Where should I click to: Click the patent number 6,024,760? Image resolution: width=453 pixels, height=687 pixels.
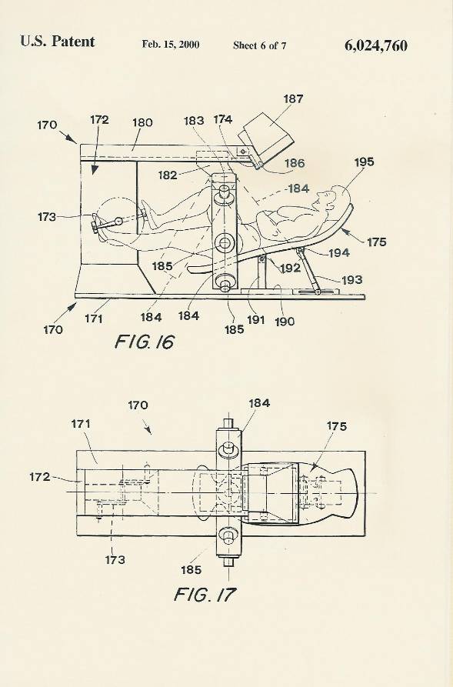click(x=376, y=46)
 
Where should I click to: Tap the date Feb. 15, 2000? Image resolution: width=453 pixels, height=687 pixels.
click(x=171, y=45)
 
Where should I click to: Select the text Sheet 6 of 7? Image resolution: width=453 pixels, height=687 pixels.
click(x=260, y=45)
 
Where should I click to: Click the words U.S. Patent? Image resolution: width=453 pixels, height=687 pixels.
click(x=58, y=42)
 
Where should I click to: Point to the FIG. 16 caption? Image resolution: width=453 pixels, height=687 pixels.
click(x=144, y=342)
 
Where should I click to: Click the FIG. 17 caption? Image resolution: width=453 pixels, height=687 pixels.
click(x=205, y=594)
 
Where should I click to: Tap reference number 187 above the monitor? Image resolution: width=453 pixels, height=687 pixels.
click(x=293, y=98)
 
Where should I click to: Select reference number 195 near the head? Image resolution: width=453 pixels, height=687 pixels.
click(x=364, y=162)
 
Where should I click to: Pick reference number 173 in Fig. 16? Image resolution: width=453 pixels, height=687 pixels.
click(x=46, y=216)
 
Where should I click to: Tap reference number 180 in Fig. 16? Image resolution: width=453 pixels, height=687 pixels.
click(x=142, y=122)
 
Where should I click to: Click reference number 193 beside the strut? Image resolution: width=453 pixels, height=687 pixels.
click(x=351, y=279)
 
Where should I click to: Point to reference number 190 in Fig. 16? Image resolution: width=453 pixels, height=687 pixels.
click(x=285, y=321)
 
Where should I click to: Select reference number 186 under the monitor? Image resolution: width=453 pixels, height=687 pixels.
click(x=295, y=163)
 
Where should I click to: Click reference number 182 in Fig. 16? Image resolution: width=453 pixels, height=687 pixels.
click(x=168, y=175)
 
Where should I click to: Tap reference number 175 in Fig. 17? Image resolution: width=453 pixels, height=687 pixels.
click(x=336, y=426)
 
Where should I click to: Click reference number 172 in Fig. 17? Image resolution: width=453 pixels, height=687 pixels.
click(x=39, y=477)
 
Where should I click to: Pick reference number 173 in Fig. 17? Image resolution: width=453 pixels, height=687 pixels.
click(x=115, y=559)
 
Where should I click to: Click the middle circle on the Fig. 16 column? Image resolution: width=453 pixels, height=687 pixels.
click(x=225, y=242)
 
